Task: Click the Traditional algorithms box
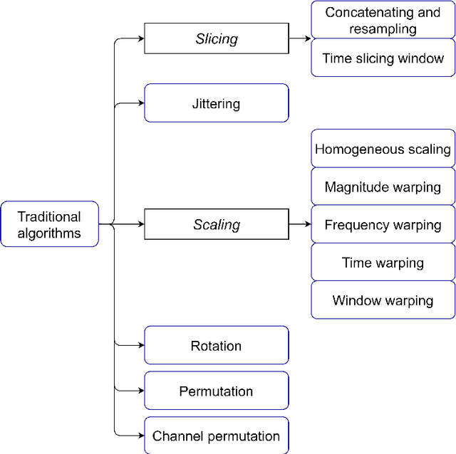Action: (49, 224)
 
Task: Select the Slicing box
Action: (217, 39)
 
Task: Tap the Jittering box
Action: (217, 103)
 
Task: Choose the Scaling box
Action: (217, 225)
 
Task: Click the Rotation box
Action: (217, 346)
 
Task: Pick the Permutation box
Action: (217, 391)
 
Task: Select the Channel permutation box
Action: (217, 435)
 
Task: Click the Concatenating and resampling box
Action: (383, 20)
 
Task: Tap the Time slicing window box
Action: (383, 58)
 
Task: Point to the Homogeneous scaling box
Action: (383, 149)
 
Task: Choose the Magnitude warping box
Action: (383, 187)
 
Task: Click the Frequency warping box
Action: (383, 225)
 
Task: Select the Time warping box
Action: (383, 263)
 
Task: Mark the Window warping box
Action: (383, 300)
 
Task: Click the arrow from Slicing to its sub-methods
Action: (299, 39)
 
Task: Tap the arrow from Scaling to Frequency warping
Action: (299, 225)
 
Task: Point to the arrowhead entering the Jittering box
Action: (140, 103)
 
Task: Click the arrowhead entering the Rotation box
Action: (140, 346)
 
